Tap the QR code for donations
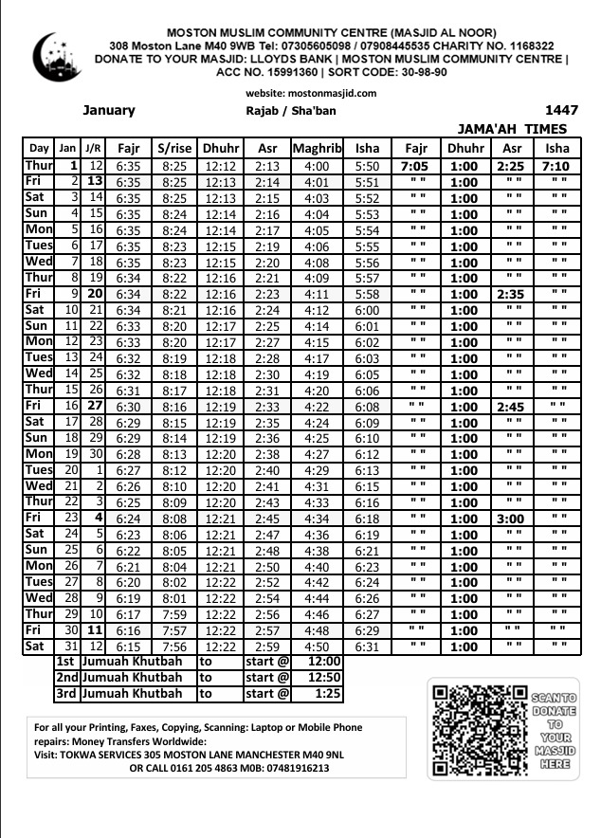pyautogui.click(x=479, y=730)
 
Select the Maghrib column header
pyautogui.click(x=317, y=148)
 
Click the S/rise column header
pyautogui.click(x=174, y=148)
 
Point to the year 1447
pyautogui.click(x=561, y=110)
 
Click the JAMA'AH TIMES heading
pyautogui.click(x=512, y=129)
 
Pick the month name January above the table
pyautogui.click(x=108, y=110)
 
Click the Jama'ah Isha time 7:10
pyautogui.click(x=556, y=167)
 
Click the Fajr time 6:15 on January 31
pyautogui.click(x=128, y=647)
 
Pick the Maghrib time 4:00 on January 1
pyautogui.click(x=317, y=167)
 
